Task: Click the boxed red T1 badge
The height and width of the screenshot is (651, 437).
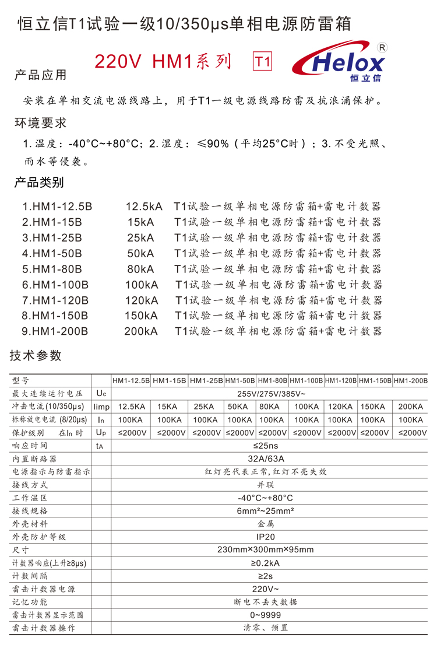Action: [x=263, y=62]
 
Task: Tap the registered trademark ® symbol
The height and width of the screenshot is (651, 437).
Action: [x=383, y=47]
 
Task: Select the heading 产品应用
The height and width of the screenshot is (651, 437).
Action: [x=40, y=75]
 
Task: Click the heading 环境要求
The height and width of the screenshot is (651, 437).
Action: [x=40, y=123]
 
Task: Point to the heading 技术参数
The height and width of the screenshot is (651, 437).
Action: [x=36, y=356]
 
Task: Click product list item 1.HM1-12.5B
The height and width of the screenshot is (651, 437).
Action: [x=57, y=206]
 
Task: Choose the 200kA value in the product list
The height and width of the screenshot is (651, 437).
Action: [x=140, y=331]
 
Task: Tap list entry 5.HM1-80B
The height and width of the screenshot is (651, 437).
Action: [x=52, y=269]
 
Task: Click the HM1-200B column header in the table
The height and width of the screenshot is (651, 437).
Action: [x=410, y=380]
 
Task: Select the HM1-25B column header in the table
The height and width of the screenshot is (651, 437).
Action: [x=206, y=380]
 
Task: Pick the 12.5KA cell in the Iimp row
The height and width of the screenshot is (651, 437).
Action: [x=131, y=407]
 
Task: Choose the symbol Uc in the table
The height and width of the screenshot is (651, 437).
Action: [x=101, y=394]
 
